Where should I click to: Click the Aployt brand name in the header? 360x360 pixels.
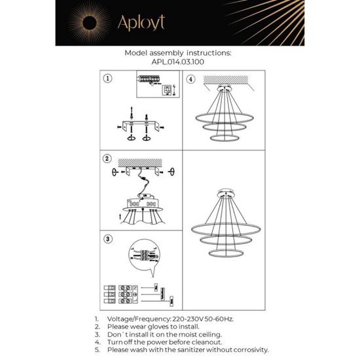[x=140, y=23]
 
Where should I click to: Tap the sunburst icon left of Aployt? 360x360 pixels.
[x=94, y=23]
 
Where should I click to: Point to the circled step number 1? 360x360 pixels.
[x=108, y=79]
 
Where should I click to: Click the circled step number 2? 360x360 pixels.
[x=108, y=158]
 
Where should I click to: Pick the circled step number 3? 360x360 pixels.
[x=108, y=238]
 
